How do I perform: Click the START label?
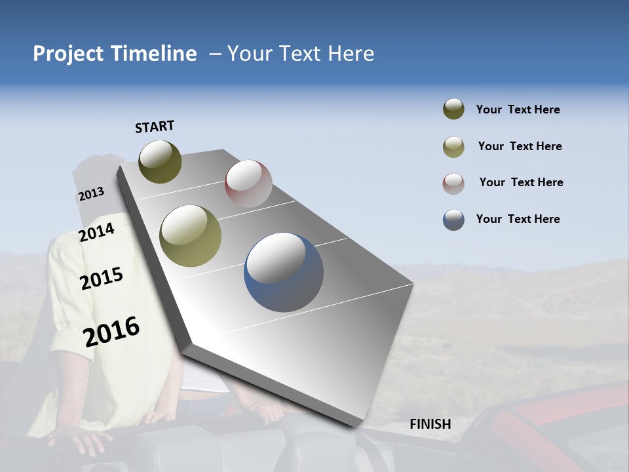pos(155,127)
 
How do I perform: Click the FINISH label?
pos(430,424)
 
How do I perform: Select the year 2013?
pos(91,194)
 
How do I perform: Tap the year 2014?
pos(97,232)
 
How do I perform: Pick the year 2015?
pos(102,279)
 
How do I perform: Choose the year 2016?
pos(111,331)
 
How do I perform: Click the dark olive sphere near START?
pos(160,161)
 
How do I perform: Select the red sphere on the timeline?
pos(248,184)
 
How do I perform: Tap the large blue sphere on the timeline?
pos(284,272)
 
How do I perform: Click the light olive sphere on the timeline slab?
pos(191,236)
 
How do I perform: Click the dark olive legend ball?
pos(453,109)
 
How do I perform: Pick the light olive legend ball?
pos(453,146)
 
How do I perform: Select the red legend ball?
pos(453,183)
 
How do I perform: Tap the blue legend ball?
pos(453,219)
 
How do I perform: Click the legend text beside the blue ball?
pos(518,219)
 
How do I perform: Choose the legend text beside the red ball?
pos(521,182)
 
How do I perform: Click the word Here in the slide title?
pos(351,54)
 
